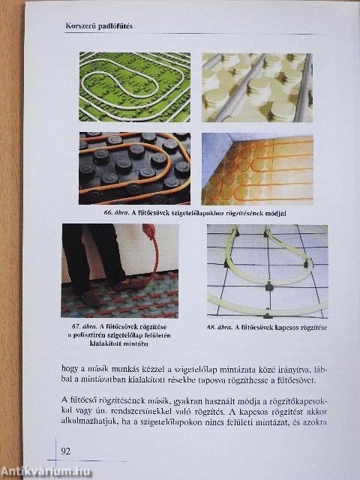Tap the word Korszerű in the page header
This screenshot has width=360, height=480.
(x=82, y=26)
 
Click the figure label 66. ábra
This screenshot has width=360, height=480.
(x=118, y=213)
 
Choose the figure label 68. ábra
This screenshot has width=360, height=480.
(x=222, y=327)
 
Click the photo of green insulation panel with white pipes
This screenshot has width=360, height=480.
(x=134, y=86)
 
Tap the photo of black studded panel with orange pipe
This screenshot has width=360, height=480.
(x=134, y=168)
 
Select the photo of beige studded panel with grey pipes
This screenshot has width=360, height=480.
(x=256, y=86)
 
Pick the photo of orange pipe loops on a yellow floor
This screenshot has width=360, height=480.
(x=256, y=168)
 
